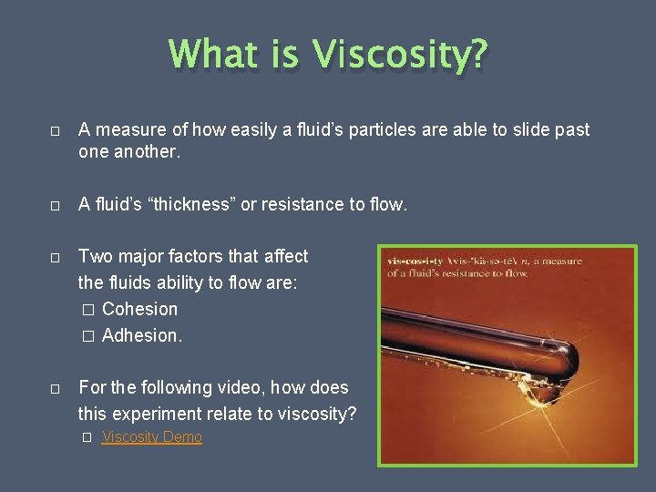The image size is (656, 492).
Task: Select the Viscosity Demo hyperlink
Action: (x=151, y=437)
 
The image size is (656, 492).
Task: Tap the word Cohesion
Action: (x=139, y=309)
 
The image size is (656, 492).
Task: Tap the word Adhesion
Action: (x=141, y=335)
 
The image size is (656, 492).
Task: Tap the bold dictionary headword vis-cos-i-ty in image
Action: (x=414, y=261)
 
